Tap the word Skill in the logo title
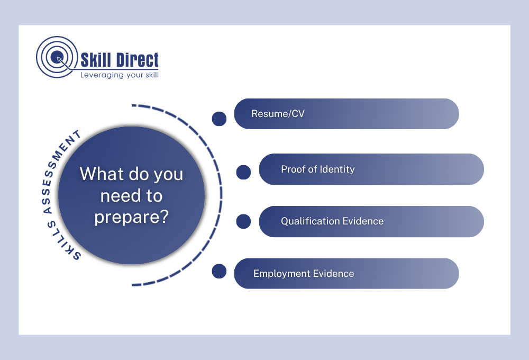(96, 60)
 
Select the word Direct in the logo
(138, 60)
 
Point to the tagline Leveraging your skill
(120, 75)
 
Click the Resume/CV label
(278, 113)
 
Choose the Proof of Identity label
(318, 169)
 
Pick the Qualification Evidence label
(332, 221)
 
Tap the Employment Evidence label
(304, 274)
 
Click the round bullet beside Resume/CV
(219, 119)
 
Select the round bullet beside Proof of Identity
(243, 172)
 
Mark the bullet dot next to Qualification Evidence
(243, 221)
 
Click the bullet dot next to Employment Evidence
(219, 271)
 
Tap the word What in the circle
(102, 174)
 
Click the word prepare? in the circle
(131, 217)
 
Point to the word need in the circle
(120, 195)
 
